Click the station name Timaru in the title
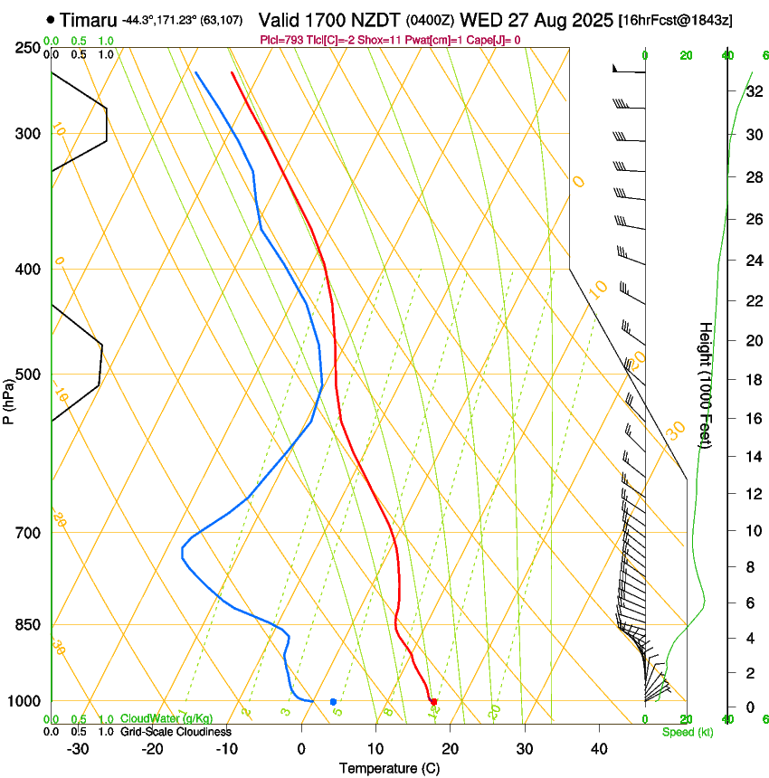click(88, 19)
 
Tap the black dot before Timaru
click(49, 19)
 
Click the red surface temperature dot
click(434, 701)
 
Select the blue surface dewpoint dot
click(333, 701)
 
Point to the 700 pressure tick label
click(28, 533)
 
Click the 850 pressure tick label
click(28, 625)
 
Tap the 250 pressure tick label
click(28, 48)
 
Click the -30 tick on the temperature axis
click(78, 748)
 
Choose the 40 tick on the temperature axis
click(599, 748)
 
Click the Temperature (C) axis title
click(389, 768)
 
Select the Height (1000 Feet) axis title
click(706, 384)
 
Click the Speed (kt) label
click(687, 732)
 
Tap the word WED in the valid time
click(479, 19)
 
